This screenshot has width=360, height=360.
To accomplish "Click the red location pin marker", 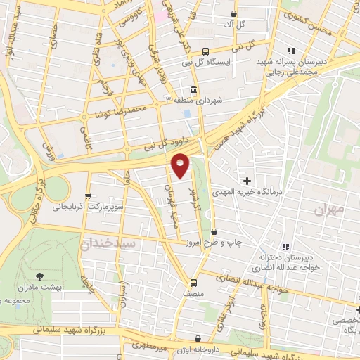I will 181,165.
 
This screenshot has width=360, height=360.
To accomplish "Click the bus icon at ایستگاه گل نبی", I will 205,51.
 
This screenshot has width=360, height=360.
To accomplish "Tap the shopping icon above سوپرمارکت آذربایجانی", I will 88,196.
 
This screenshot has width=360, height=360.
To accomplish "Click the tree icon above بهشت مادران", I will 38,276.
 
